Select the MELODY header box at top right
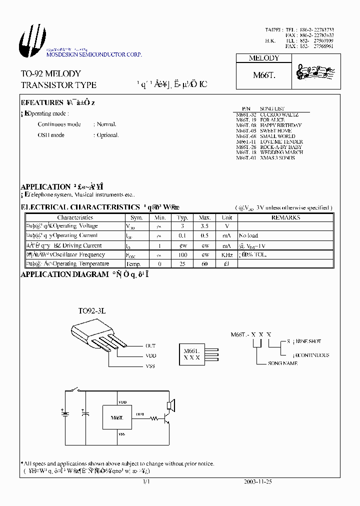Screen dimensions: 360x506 (264, 58)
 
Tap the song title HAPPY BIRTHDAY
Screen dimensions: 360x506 (280, 125)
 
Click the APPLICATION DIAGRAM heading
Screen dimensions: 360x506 (64, 274)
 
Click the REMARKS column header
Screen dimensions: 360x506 (285, 217)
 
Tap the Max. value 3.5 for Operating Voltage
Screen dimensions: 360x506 (204, 226)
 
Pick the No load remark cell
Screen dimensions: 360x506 (248, 235)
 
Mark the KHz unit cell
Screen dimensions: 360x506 (227, 254)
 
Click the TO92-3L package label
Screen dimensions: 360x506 (92, 310)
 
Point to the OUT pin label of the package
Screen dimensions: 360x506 (150, 345)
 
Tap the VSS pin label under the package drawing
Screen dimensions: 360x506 (150, 366)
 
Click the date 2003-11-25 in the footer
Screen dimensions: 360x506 (257, 482)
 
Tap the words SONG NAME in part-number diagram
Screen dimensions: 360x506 (283, 363)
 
